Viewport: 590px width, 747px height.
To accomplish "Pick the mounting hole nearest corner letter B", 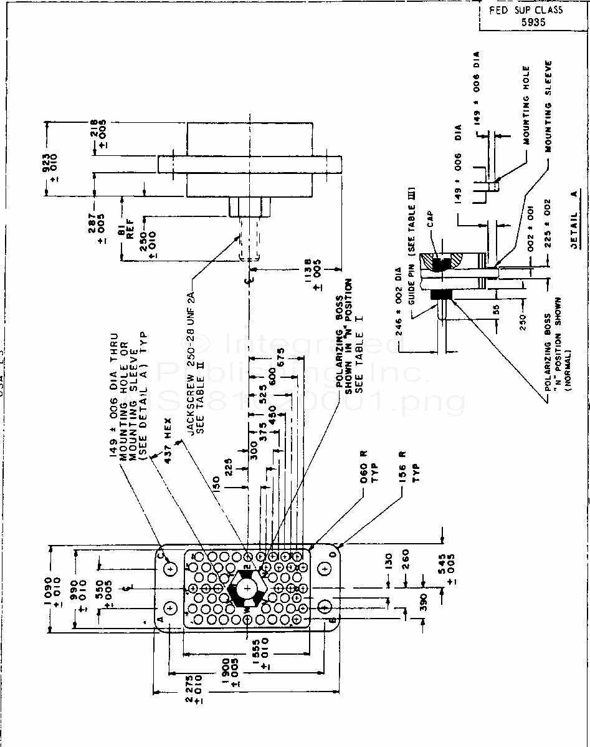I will [x=325, y=607].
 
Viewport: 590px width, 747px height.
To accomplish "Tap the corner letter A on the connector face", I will [x=159, y=619].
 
